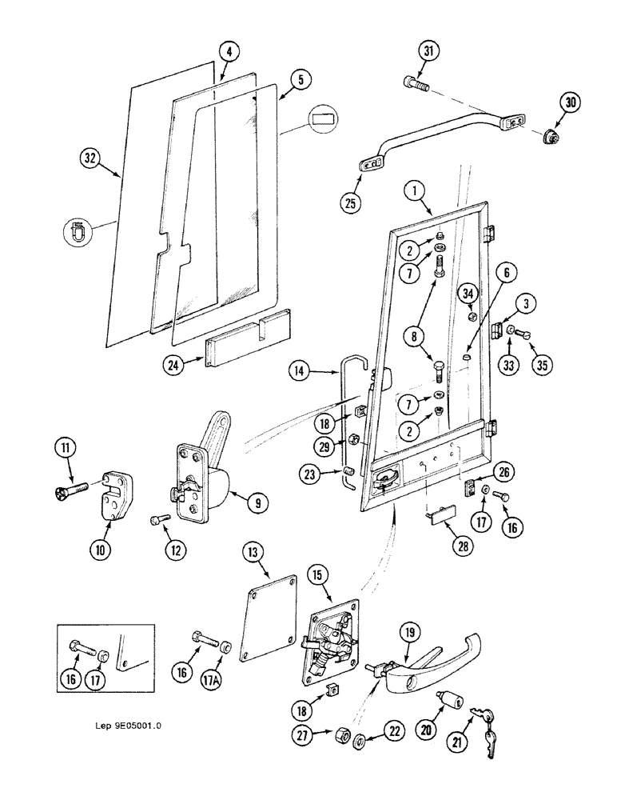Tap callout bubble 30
(x=571, y=102)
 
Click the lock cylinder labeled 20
(x=450, y=702)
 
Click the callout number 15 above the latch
(x=318, y=575)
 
